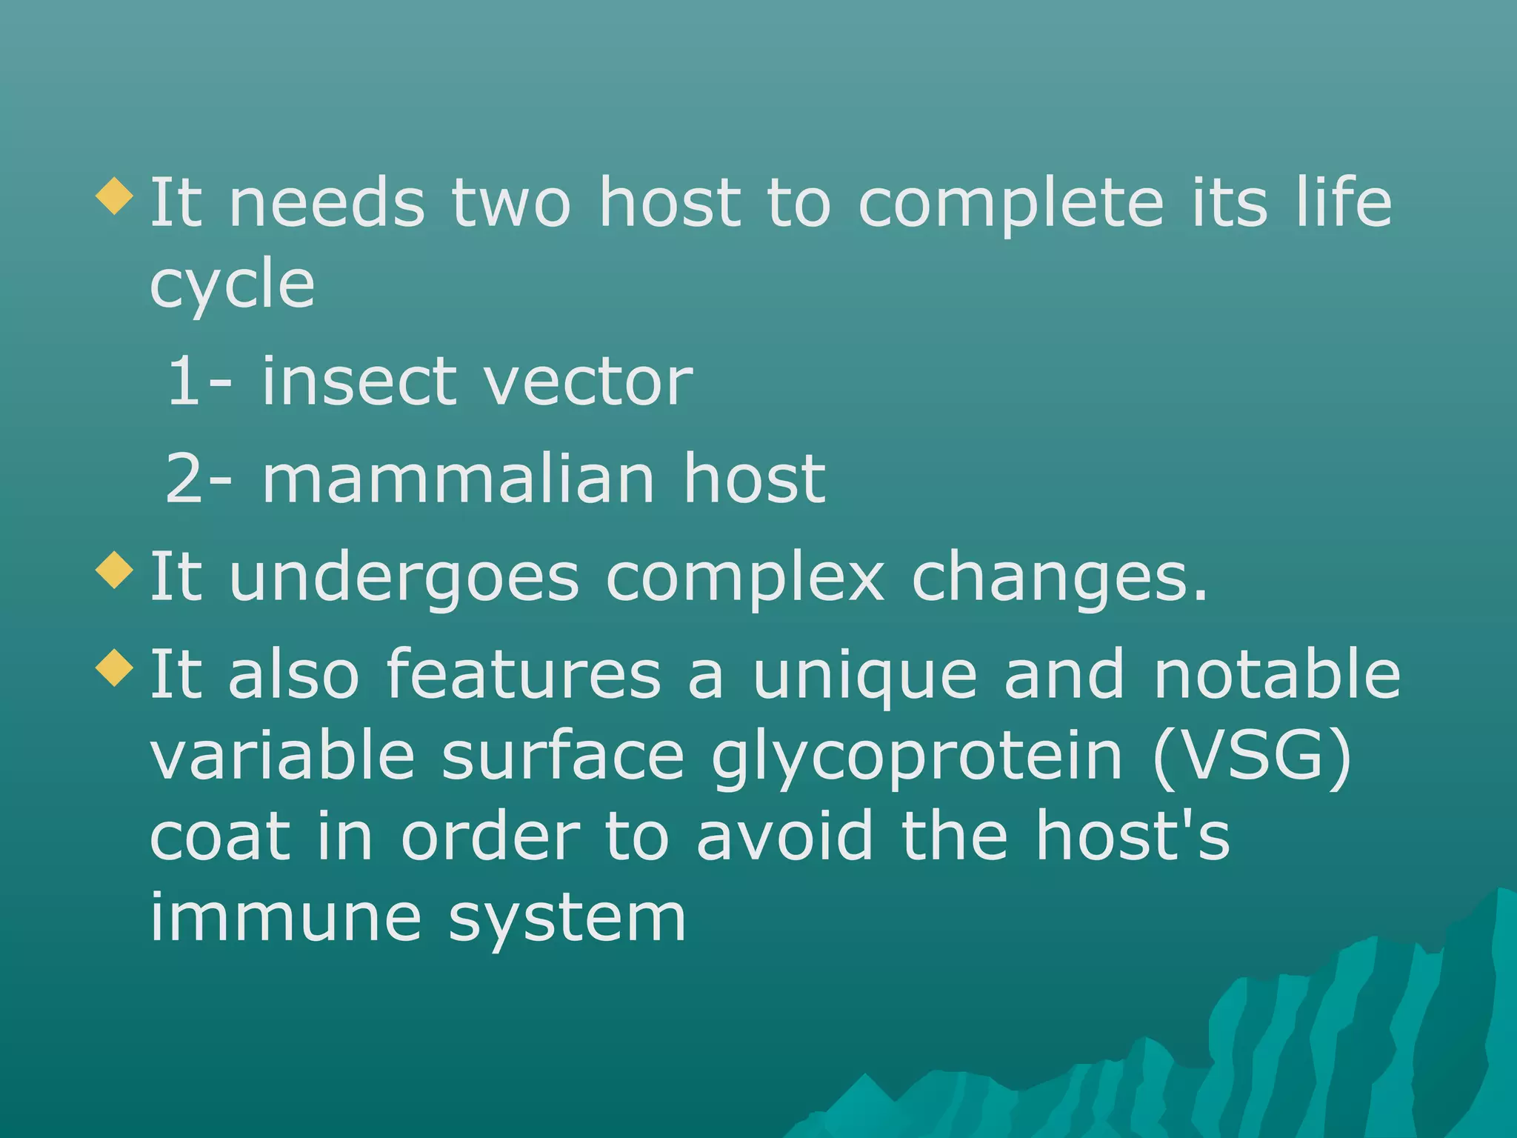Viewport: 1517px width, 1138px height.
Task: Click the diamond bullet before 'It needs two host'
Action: (115, 196)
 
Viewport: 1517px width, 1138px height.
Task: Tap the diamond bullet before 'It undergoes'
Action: (115, 570)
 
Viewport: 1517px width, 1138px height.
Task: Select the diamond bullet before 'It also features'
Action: (115, 667)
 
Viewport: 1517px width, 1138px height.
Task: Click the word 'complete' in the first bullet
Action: (1010, 206)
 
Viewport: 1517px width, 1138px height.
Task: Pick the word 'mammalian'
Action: (459, 479)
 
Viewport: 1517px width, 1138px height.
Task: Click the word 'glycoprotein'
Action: (917, 759)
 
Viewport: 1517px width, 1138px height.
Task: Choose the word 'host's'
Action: (1133, 837)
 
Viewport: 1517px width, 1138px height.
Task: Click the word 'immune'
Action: (286, 919)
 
